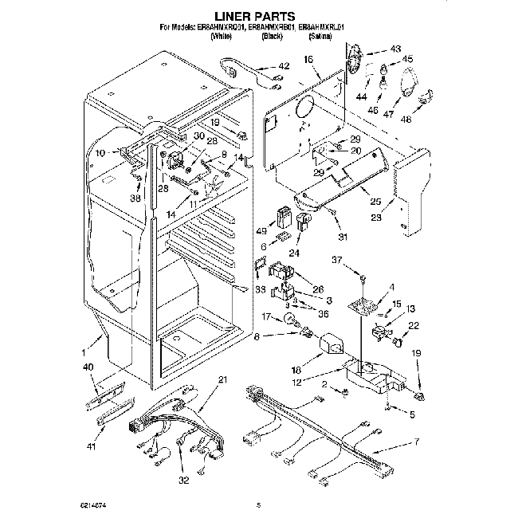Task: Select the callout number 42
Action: pos(284,67)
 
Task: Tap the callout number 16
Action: pos(309,60)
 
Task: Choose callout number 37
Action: pos(337,260)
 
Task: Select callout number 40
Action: pos(88,367)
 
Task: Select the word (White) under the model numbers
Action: pos(222,37)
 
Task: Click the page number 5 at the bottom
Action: pos(258,504)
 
